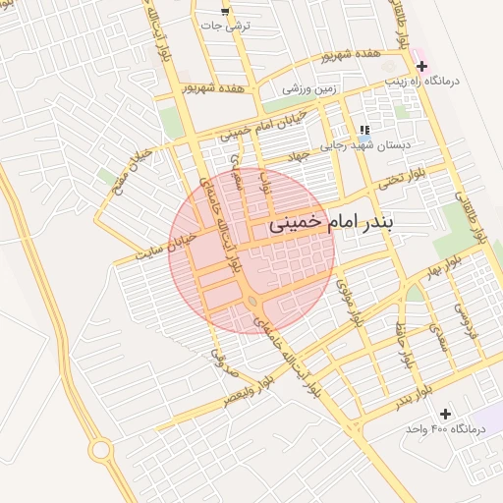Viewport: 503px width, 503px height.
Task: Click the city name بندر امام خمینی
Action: (x=329, y=225)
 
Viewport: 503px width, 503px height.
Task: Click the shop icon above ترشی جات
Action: (x=226, y=12)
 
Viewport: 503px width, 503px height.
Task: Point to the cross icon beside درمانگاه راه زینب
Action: (x=421, y=66)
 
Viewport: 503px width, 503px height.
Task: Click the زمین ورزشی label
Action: (x=309, y=88)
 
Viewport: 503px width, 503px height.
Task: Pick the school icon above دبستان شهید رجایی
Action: (x=364, y=130)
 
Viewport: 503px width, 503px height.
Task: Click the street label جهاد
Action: (x=298, y=155)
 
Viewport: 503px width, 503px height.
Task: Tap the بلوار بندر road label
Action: (x=414, y=399)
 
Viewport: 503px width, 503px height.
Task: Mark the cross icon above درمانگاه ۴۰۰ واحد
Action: (x=446, y=415)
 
